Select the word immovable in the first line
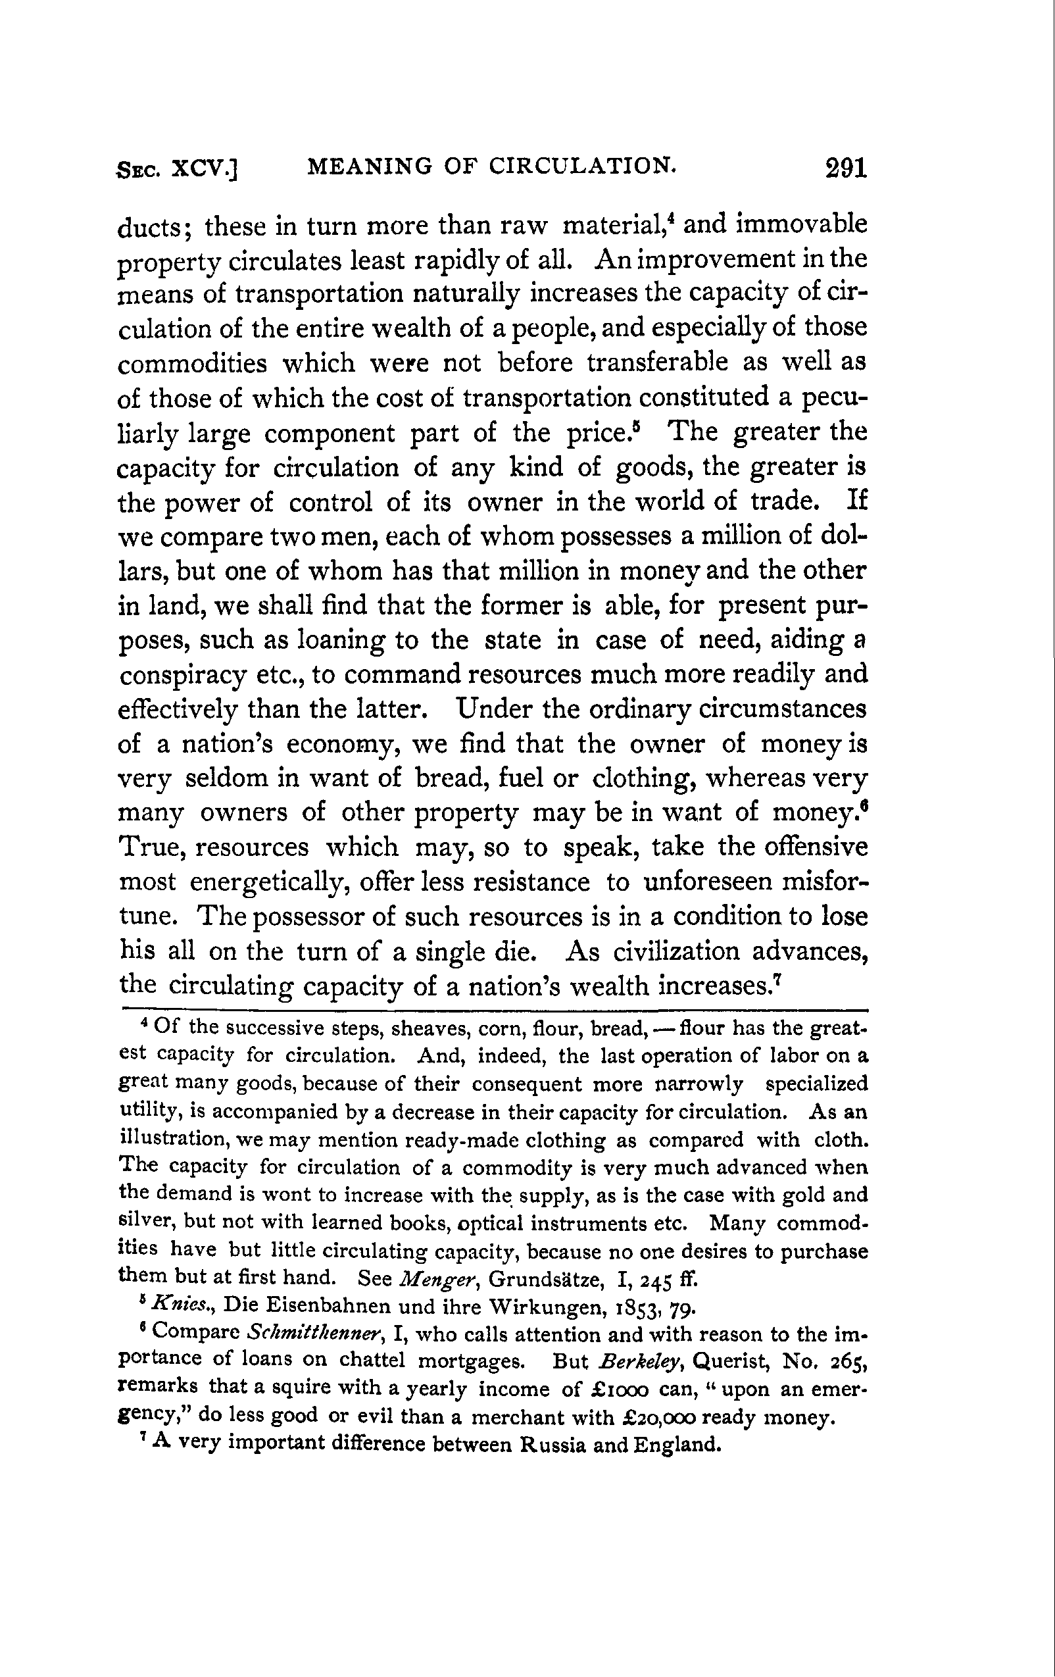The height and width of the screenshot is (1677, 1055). [x=802, y=224]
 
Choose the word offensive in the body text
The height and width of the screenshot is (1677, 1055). [x=812, y=847]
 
